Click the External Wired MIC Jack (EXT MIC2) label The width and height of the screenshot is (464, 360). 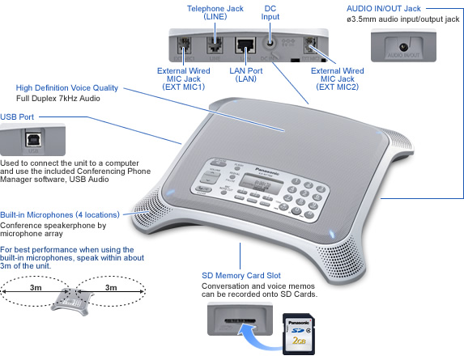pyautogui.click(x=336, y=78)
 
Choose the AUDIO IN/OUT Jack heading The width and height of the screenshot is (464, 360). pyautogui.click(x=399, y=6)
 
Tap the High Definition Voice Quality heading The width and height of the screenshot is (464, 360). pyautogui.click(x=67, y=87)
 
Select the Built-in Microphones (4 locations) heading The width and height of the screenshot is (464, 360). pyautogui.click(x=59, y=215)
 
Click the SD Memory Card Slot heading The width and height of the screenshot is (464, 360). pyautogui.click(x=241, y=275)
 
